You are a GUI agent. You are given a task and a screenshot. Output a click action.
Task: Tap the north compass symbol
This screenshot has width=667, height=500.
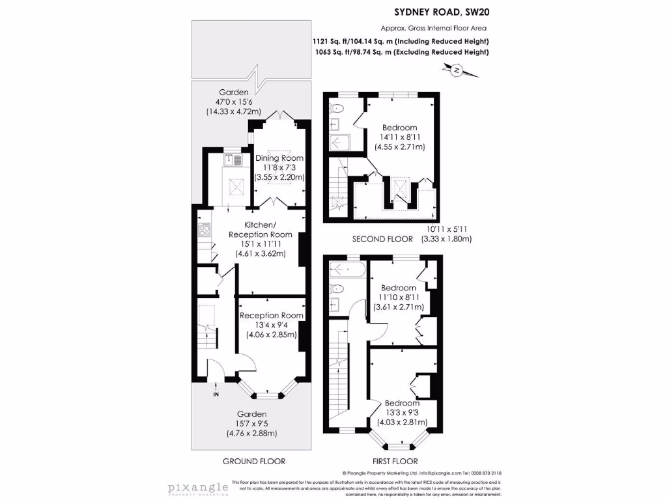point(457,70)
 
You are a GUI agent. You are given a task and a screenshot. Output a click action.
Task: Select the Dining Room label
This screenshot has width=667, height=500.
point(279,158)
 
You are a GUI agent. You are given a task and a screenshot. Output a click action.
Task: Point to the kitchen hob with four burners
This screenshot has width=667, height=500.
point(204,229)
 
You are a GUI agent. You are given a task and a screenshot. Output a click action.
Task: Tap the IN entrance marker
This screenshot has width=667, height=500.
point(216,394)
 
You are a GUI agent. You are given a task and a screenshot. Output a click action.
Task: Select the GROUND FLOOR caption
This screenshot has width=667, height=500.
point(254,461)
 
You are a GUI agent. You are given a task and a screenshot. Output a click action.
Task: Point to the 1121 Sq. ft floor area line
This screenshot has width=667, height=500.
point(400,41)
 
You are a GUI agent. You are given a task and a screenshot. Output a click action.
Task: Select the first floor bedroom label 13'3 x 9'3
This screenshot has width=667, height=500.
point(403,413)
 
